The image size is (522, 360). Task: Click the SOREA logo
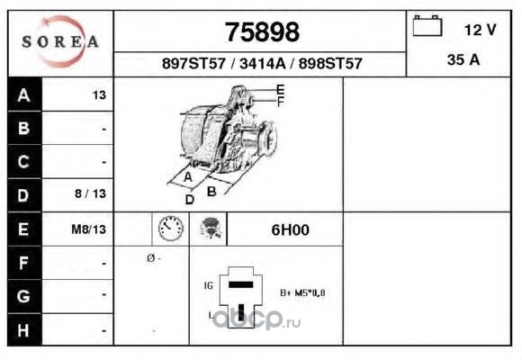60,41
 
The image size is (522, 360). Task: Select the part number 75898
262,32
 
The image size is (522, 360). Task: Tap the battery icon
427,25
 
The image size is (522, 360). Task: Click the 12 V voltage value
480,30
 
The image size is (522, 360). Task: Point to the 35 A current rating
463,60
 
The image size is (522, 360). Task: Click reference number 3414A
263,64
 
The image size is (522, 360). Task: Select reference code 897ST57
193,64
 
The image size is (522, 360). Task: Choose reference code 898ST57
330,64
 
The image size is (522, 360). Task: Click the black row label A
24,94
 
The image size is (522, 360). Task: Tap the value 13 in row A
99,95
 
